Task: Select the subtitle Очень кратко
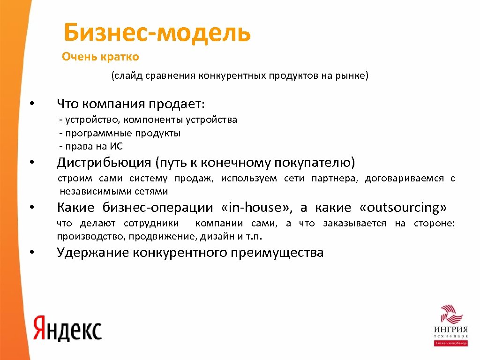click(x=100, y=57)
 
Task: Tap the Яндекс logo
click(x=67, y=327)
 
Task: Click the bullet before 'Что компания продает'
click(x=32, y=103)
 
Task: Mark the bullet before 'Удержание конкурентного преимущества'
click(x=32, y=253)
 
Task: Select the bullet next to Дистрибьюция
click(x=32, y=164)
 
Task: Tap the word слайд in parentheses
click(x=128, y=76)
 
